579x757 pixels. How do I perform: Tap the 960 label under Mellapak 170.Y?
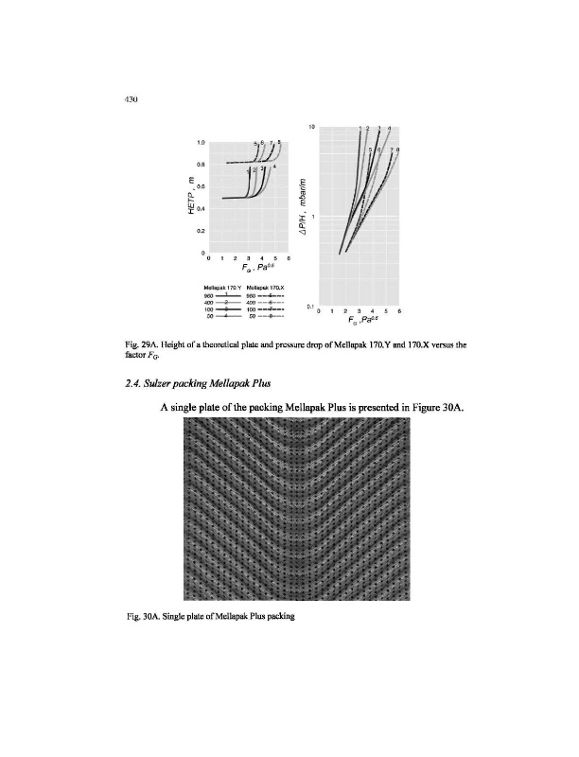[x=209, y=293]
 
